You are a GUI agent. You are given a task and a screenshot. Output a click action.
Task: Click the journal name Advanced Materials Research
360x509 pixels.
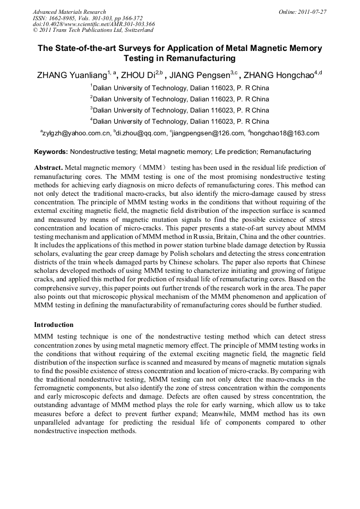[69, 12]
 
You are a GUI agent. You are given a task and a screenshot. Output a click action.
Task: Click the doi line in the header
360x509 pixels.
[93, 24]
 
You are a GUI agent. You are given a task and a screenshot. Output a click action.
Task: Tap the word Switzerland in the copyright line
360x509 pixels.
[136, 31]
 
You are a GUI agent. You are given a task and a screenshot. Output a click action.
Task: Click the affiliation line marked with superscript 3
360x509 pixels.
[181, 110]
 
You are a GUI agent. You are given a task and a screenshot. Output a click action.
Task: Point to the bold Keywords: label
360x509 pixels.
[51, 152]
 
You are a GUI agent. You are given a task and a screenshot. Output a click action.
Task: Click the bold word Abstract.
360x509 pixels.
[48, 167]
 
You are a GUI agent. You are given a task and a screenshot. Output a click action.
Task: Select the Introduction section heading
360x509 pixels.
[54, 324]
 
